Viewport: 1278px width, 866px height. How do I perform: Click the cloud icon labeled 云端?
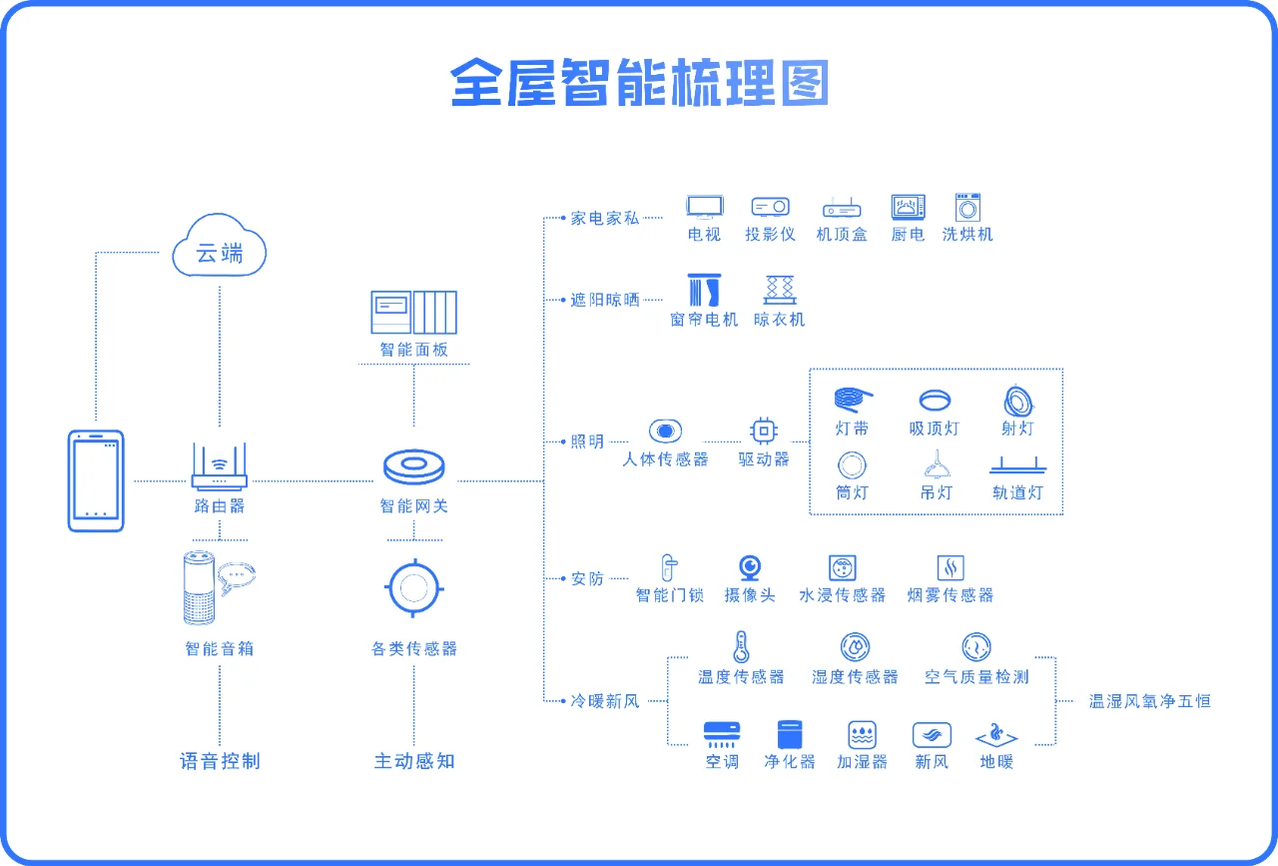(220, 248)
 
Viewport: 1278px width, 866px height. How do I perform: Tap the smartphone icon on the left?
(96, 480)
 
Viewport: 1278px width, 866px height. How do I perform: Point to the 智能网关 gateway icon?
(413, 467)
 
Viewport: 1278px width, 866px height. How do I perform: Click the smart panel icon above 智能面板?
(413, 313)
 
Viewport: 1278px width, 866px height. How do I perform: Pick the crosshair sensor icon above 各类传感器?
(413, 588)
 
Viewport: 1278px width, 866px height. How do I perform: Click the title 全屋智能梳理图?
(639, 82)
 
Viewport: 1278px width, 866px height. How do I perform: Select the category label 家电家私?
(605, 218)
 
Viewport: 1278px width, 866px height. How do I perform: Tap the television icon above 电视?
(704, 207)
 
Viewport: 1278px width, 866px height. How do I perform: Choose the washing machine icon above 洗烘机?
(967, 207)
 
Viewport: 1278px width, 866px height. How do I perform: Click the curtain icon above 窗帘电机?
(704, 291)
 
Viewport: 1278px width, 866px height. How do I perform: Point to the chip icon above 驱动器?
(764, 431)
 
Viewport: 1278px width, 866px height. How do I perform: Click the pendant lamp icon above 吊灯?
(936, 463)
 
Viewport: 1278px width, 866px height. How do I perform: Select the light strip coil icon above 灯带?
(852, 400)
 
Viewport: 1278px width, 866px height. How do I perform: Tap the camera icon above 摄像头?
(750, 567)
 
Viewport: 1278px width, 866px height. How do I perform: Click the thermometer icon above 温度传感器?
(741, 647)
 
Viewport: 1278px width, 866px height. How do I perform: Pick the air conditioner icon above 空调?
(722, 735)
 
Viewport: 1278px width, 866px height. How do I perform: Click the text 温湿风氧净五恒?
(1149, 701)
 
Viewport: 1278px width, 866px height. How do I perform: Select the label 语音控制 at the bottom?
(220, 761)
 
